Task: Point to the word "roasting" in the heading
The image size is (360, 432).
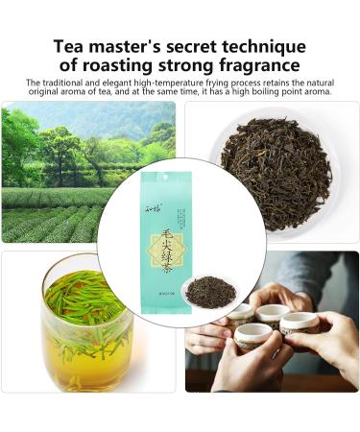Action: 120,66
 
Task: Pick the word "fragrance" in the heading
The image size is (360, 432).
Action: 262,66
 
